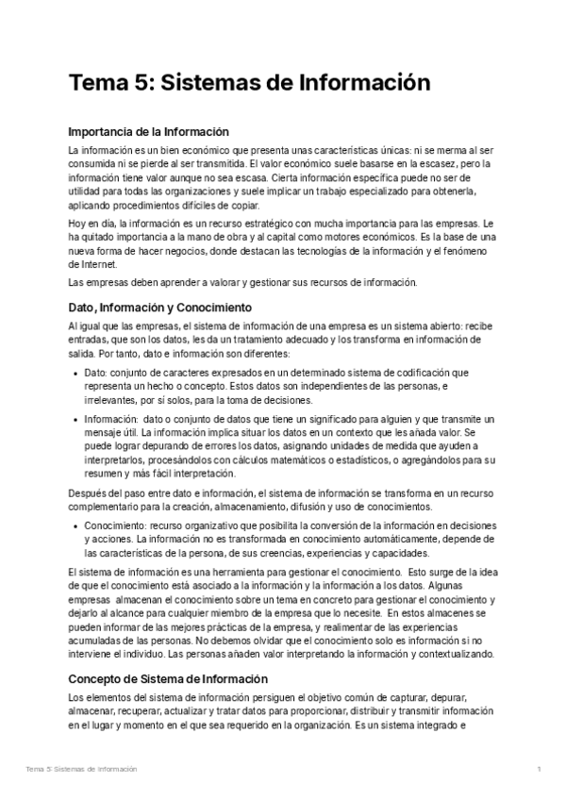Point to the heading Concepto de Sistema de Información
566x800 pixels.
(x=169, y=653)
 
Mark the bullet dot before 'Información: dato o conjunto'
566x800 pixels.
(x=75, y=419)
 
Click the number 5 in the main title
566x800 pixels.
(x=137, y=83)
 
